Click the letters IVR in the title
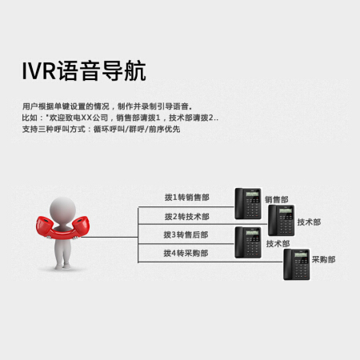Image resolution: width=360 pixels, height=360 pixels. click(39, 71)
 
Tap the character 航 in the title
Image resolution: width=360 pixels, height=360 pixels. click(135, 71)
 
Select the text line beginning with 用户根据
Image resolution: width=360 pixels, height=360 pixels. click(107, 106)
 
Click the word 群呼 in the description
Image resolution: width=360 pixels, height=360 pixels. click(137, 130)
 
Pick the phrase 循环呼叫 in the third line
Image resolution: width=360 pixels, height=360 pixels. click(109, 130)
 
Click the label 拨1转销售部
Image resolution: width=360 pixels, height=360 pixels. click(187, 198)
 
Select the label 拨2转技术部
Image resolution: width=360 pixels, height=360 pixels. click(187, 217)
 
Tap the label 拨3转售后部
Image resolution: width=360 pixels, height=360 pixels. click(186, 234)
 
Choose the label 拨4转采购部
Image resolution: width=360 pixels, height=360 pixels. click(186, 253)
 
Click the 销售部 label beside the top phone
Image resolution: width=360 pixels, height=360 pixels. click(277, 199)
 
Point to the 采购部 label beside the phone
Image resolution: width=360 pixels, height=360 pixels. click(323, 259)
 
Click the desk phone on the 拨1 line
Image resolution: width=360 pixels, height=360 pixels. click(248, 204)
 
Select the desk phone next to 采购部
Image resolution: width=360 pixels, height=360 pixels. click(297, 264)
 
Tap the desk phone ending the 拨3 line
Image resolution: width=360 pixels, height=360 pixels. click(248, 242)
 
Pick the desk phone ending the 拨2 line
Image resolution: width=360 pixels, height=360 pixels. click(282, 220)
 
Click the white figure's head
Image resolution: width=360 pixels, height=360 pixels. click(63, 210)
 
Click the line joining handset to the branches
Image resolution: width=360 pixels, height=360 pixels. click(110, 237)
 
